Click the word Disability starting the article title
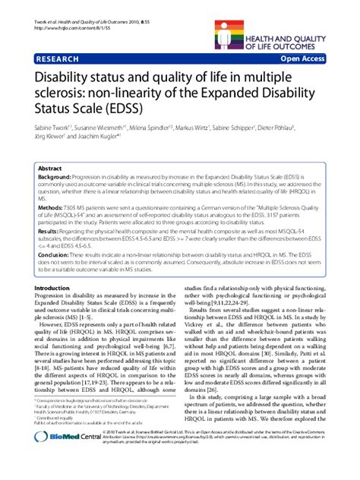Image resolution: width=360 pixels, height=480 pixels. click(62, 77)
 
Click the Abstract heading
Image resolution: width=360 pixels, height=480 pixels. click(50, 169)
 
